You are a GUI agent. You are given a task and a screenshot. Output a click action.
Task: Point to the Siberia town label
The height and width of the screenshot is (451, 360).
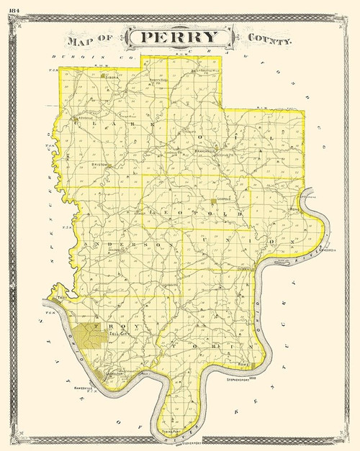pyautogui.click(x=112, y=75)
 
